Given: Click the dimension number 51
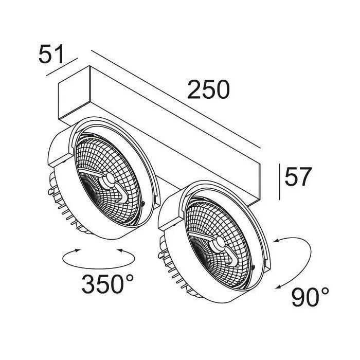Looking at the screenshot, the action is (51, 55).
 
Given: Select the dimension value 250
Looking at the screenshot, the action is (208, 89).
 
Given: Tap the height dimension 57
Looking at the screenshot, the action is (298, 176).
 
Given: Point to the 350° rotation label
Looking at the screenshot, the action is (107, 284).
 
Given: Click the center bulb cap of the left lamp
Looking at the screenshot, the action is (109, 178).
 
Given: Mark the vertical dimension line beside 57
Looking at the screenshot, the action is (279, 182).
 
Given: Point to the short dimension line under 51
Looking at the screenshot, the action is (62, 66).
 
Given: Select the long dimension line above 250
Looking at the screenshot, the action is (176, 99).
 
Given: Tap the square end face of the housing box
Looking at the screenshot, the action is (74, 94).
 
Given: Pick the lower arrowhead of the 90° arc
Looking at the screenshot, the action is (279, 287).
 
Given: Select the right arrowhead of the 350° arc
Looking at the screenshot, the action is (119, 250).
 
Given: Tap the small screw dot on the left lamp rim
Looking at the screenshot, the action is (143, 203).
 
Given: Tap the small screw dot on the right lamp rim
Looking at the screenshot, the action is (253, 266).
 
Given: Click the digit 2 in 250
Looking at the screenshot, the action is (194, 89).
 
